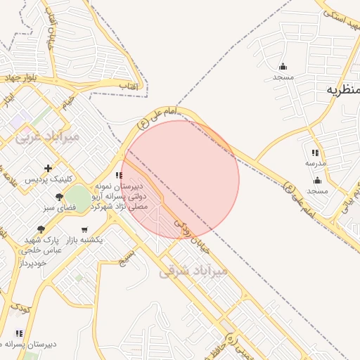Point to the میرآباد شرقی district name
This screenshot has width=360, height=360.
[193, 271]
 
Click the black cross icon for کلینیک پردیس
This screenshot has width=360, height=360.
[48, 167]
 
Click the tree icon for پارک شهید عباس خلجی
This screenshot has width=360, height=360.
[41, 229]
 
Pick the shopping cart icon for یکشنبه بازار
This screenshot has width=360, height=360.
[85, 229]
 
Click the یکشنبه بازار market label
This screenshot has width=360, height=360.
[84, 240]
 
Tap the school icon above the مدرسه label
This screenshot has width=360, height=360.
[315, 153]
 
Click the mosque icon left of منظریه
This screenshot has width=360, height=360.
[283, 66]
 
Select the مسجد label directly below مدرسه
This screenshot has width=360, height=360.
[317, 191]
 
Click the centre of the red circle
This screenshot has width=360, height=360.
[180, 180]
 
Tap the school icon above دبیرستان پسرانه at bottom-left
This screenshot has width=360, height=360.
[19, 333]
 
